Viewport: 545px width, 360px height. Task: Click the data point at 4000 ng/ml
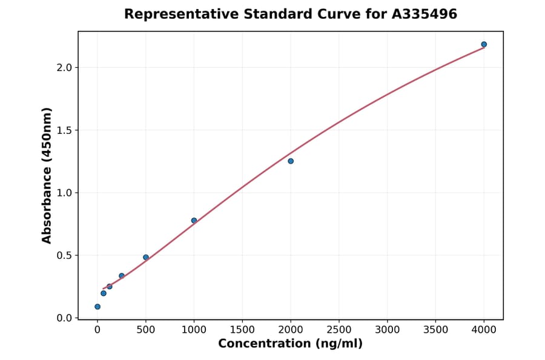pyautogui.click(x=484, y=44)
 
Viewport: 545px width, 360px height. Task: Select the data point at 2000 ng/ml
pyautogui.click(x=291, y=161)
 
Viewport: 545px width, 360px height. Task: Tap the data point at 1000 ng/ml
pyautogui.click(x=194, y=221)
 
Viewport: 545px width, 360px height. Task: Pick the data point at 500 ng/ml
pyautogui.click(x=146, y=258)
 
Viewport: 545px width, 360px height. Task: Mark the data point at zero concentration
pyautogui.click(x=97, y=307)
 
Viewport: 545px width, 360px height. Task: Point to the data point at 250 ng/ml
pyautogui.click(x=122, y=276)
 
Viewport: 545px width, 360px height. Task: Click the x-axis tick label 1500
pyautogui.click(x=242, y=330)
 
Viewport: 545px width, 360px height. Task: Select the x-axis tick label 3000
pyautogui.click(x=388, y=330)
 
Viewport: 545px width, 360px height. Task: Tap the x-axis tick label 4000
pyautogui.click(x=484, y=330)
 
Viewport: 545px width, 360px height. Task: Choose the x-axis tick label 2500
pyautogui.click(x=339, y=330)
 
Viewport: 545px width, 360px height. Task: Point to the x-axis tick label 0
pyautogui.click(x=97, y=330)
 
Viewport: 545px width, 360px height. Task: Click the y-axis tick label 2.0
pyautogui.click(x=65, y=67)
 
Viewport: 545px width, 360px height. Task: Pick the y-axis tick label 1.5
pyautogui.click(x=65, y=130)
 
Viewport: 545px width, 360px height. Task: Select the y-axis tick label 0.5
pyautogui.click(x=65, y=255)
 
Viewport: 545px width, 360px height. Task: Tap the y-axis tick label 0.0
pyautogui.click(x=65, y=318)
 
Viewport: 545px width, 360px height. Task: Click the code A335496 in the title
pyautogui.click(x=424, y=14)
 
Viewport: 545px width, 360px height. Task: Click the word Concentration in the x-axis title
pyautogui.click(x=264, y=344)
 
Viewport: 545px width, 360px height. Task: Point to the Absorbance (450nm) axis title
pyautogui.click(x=47, y=175)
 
